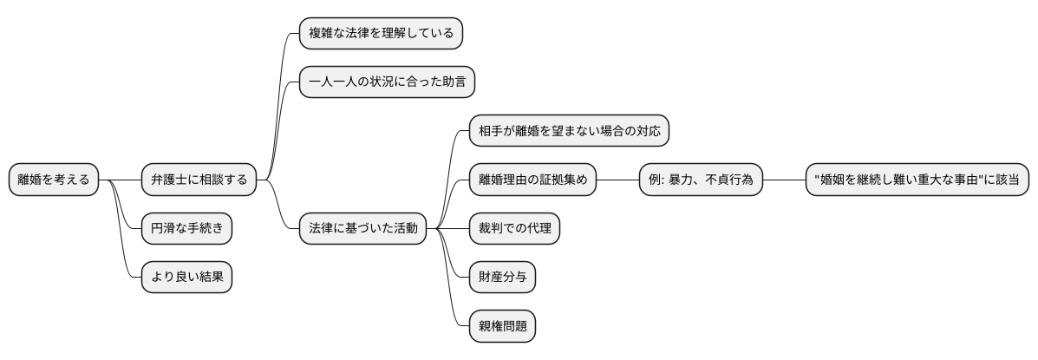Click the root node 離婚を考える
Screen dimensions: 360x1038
(53, 180)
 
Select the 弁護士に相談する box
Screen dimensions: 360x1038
(199, 180)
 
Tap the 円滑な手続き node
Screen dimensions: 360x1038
(186, 228)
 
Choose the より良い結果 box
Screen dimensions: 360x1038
(186, 277)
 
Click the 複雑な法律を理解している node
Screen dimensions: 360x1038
(381, 34)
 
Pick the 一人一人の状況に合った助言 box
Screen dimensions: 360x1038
(387, 82)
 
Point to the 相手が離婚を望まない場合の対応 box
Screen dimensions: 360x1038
(568, 131)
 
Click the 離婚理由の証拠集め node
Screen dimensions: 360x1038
(532, 180)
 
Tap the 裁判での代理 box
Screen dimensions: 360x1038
(514, 228)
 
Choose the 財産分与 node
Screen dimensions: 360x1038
(502, 277)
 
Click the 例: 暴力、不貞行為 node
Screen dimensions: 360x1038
(701, 180)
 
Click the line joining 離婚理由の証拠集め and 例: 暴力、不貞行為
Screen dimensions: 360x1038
(617, 180)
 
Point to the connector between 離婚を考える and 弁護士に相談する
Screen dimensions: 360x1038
(120, 180)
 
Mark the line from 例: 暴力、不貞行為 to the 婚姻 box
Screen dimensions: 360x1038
(785, 180)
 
